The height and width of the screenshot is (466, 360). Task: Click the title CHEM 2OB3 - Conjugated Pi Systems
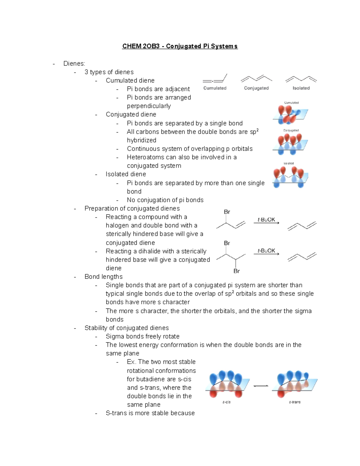(180, 46)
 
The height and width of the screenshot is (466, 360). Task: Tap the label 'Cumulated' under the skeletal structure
(215, 88)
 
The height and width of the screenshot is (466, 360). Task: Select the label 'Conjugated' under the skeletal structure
(256, 88)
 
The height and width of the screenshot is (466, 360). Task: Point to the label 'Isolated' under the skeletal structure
(301, 88)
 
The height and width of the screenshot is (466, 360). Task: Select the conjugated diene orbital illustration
(290, 144)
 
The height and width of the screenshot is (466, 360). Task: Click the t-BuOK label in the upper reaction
(266, 220)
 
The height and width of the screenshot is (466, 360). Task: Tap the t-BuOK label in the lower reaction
(266, 251)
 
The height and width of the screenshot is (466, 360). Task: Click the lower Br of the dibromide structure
(236, 271)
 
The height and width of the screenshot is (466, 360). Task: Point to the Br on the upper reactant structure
(227, 212)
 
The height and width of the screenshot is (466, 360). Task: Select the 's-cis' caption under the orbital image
(226, 402)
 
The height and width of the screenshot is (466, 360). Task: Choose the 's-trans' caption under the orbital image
(295, 402)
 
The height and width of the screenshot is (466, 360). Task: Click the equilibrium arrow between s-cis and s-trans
(261, 386)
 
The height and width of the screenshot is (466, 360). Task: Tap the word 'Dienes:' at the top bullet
(74, 64)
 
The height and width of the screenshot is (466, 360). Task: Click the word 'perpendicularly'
(149, 106)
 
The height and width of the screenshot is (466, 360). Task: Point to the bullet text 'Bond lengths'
(103, 277)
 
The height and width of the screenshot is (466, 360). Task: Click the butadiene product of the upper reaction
(302, 226)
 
